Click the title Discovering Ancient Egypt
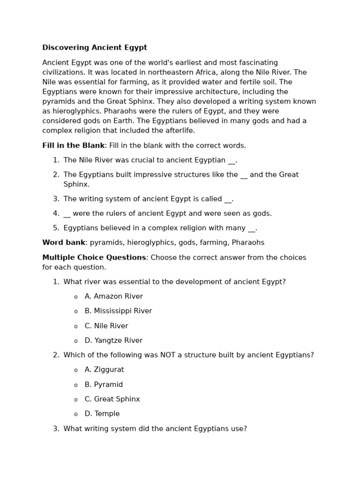point(95,48)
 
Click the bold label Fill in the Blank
point(73,146)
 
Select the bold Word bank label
point(64,243)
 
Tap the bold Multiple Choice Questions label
point(94,258)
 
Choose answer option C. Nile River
point(106,326)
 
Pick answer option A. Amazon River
point(113,297)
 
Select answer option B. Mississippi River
point(118,311)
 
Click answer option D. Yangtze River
point(113,341)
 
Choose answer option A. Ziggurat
point(104,370)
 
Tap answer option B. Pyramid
point(104,385)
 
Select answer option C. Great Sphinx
point(112,399)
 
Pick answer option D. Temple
point(102,414)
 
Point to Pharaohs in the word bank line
point(248,243)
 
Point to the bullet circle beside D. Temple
point(76,414)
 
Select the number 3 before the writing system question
point(56,429)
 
